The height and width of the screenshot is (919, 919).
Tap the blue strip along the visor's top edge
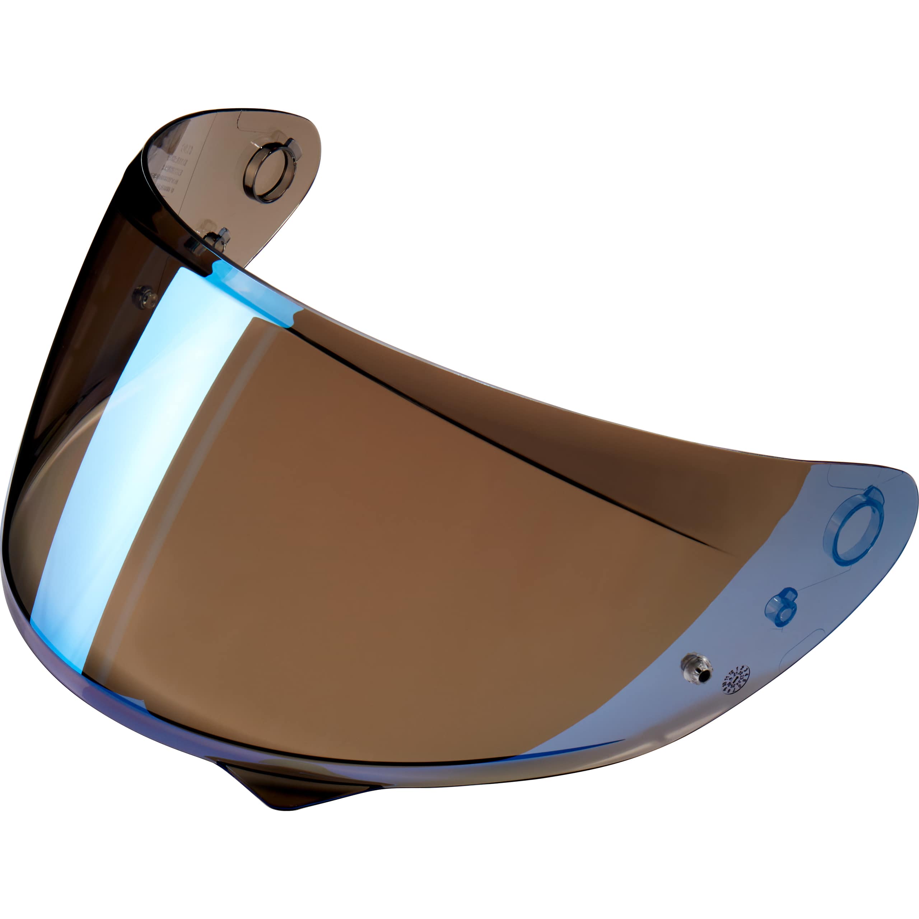(252, 290)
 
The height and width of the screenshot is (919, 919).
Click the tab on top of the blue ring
(874, 495)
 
